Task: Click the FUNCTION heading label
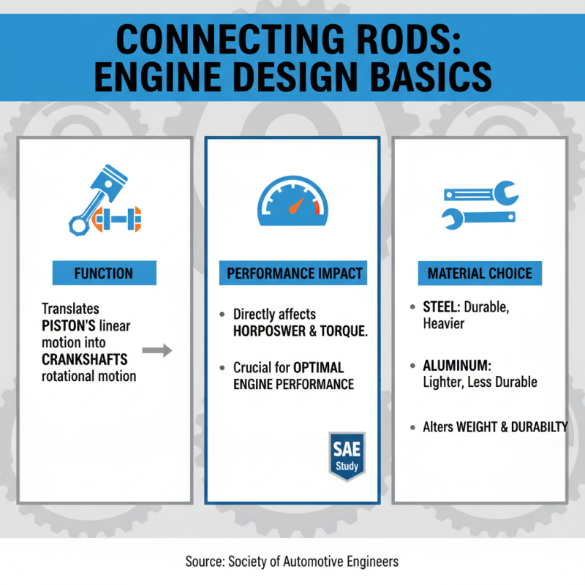click(104, 273)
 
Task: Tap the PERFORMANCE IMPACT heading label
click(294, 273)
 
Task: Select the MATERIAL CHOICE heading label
click(480, 273)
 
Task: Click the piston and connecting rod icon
click(104, 201)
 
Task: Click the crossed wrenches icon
click(480, 205)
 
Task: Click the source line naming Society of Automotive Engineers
click(292, 562)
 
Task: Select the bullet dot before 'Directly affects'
click(222, 314)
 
